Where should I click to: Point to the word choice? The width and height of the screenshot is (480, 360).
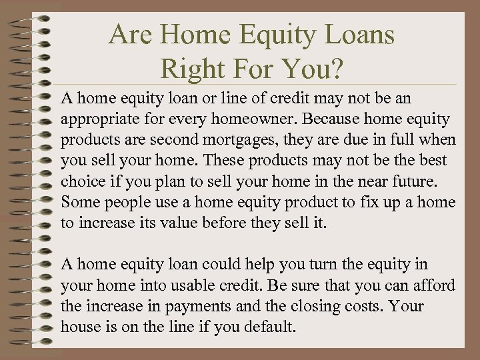tap(81, 181)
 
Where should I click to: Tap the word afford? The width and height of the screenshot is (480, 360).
tap(434, 285)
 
